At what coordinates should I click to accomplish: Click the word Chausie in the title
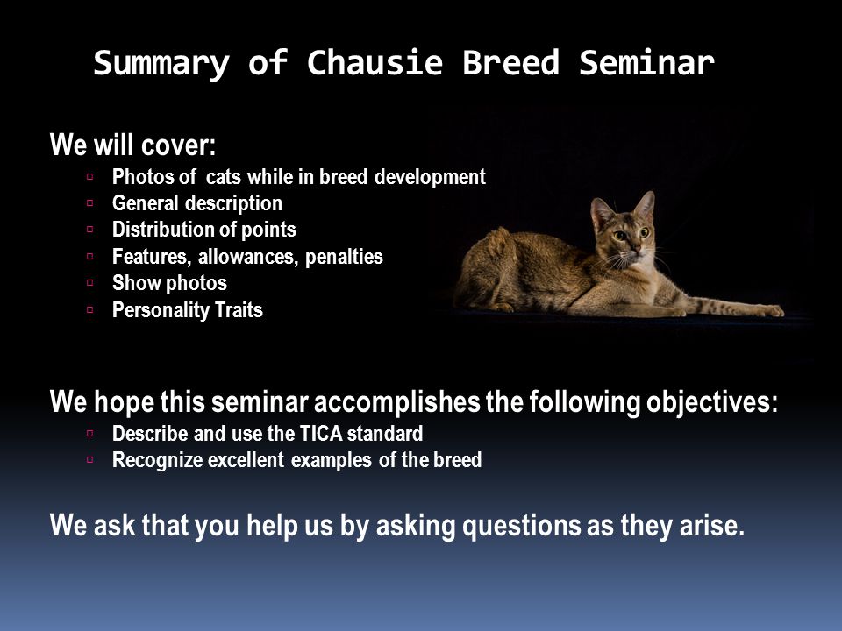pos(375,63)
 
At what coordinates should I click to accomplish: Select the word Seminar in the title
pos(646,63)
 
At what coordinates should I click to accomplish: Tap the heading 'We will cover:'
pos(132,145)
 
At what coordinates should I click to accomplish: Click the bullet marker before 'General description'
pos(89,202)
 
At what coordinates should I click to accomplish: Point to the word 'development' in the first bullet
pos(430,177)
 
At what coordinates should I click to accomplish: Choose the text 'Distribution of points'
pos(204,230)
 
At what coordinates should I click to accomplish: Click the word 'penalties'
pos(344,257)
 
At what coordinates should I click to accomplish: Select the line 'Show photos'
pos(169,283)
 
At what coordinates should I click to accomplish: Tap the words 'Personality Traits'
pos(188,310)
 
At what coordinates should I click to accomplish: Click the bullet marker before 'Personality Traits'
pos(89,309)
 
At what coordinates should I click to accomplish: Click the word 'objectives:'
pos(712,402)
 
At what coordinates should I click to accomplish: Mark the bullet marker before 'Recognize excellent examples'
pos(89,460)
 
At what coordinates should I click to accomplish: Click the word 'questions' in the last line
pos(521,526)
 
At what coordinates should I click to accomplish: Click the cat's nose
pos(637,250)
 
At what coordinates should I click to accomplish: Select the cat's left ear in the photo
pos(645,205)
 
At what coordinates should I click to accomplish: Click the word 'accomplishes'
pos(396,402)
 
